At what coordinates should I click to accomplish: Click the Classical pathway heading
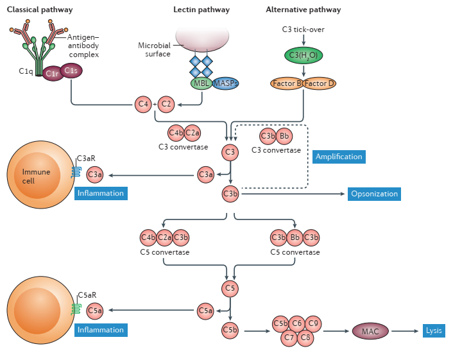pyautogui.click(x=39, y=10)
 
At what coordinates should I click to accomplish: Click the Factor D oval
pyautogui.click(x=320, y=83)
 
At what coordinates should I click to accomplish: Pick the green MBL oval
pyautogui.click(x=201, y=83)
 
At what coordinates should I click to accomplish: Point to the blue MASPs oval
pyautogui.click(x=225, y=83)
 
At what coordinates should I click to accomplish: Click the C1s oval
pyautogui.click(x=71, y=71)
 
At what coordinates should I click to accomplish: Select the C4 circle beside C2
pyautogui.click(x=143, y=103)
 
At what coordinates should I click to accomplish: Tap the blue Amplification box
pyautogui.click(x=339, y=157)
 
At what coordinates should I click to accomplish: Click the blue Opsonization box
pyautogui.click(x=374, y=194)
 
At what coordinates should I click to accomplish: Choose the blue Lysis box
pyautogui.click(x=433, y=331)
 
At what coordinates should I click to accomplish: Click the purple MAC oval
pyautogui.click(x=370, y=331)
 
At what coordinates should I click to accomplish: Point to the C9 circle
pyautogui.click(x=312, y=323)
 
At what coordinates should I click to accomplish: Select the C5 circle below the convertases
pyautogui.click(x=230, y=288)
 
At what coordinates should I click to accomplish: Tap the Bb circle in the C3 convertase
pyautogui.click(x=285, y=136)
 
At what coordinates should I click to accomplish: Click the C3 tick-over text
pyautogui.click(x=303, y=29)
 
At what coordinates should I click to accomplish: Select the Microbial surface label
pyautogui.click(x=155, y=49)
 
